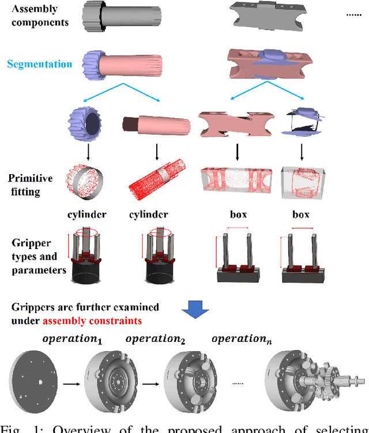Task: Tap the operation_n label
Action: click(x=242, y=339)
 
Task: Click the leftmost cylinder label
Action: click(x=87, y=215)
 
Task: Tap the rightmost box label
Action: click(x=300, y=215)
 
